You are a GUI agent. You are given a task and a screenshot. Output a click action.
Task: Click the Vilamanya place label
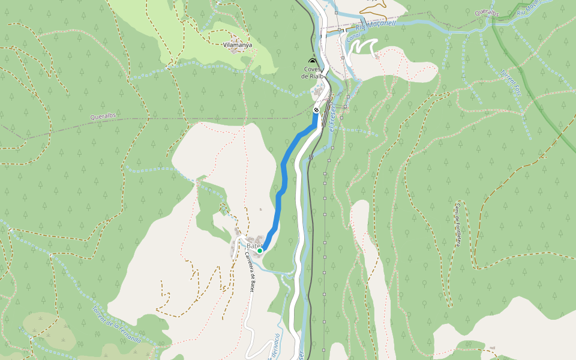pos(237,45)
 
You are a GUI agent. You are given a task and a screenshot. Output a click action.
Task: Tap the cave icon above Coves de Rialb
pos(311,61)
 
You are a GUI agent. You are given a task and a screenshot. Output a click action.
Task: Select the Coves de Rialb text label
pos(313,73)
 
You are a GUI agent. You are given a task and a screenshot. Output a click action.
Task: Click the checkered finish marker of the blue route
pos(316,110)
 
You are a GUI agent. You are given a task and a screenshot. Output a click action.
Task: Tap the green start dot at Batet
pos(260,251)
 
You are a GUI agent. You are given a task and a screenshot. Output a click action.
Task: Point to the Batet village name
pos(253,246)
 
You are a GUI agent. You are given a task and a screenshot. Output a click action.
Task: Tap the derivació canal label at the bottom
pos(274,347)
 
